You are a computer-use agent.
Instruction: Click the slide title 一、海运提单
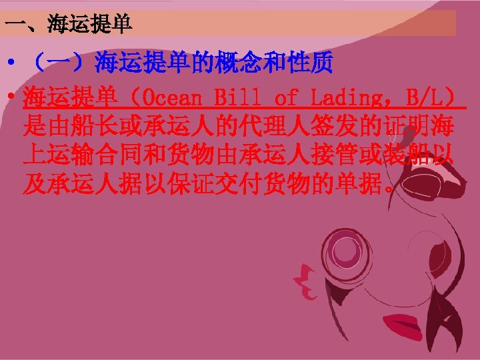click(x=69, y=25)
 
